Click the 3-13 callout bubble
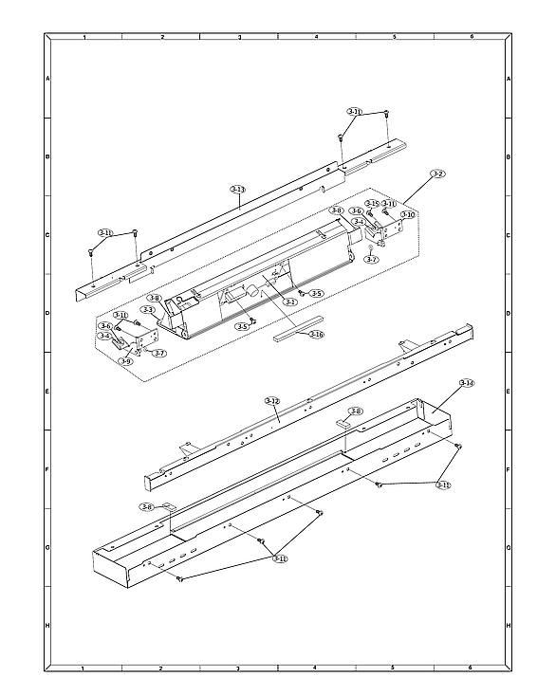pyautogui.click(x=238, y=190)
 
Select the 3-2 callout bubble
pyautogui.click(x=437, y=174)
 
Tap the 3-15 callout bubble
pyautogui.click(x=373, y=203)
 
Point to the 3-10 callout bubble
pyautogui.click(x=407, y=215)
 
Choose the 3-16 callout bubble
pyautogui.click(x=316, y=335)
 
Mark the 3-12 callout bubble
pyautogui.click(x=272, y=401)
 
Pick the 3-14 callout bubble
pyautogui.click(x=466, y=383)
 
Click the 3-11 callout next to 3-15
pyautogui.click(x=389, y=203)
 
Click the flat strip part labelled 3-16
pyautogui.click(x=293, y=333)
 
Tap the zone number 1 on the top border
pyautogui.click(x=84, y=36)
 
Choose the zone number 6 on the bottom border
pyautogui.click(x=471, y=668)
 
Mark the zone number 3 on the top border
pyautogui.click(x=239, y=36)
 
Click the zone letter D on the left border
pyautogui.click(x=47, y=313)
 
